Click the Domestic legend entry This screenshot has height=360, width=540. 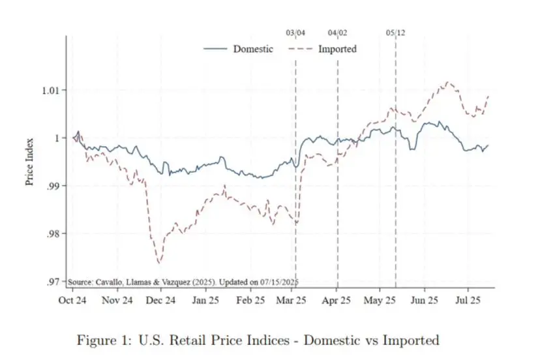pyautogui.click(x=253, y=49)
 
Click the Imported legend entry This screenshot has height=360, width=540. pyautogui.click(x=337, y=49)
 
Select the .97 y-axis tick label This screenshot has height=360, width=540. pyautogui.click(x=54, y=282)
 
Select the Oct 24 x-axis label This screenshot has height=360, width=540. pyautogui.click(x=73, y=301)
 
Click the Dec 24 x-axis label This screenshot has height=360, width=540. pyautogui.click(x=161, y=301)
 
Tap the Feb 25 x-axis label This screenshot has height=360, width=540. pyautogui.click(x=250, y=301)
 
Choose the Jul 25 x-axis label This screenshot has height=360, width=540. pyautogui.click(x=467, y=301)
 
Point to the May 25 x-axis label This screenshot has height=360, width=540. pyautogui.click(x=380, y=301)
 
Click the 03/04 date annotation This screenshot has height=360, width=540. pyautogui.click(x=295, y=32)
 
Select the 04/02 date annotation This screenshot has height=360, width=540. pyautogui.click(x=337, y=32)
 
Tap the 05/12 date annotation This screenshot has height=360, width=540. pyautogui.click(x=395, y=32)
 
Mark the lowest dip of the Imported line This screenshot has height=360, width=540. pyautogui.click(x=159, y=263)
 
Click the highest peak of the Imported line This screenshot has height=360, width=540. pyautogui.click(x=448, y=82)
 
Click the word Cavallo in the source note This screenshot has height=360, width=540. pyautogui.click(x=108, y=282)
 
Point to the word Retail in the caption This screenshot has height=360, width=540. pyautogui.click(x=178, y=340)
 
